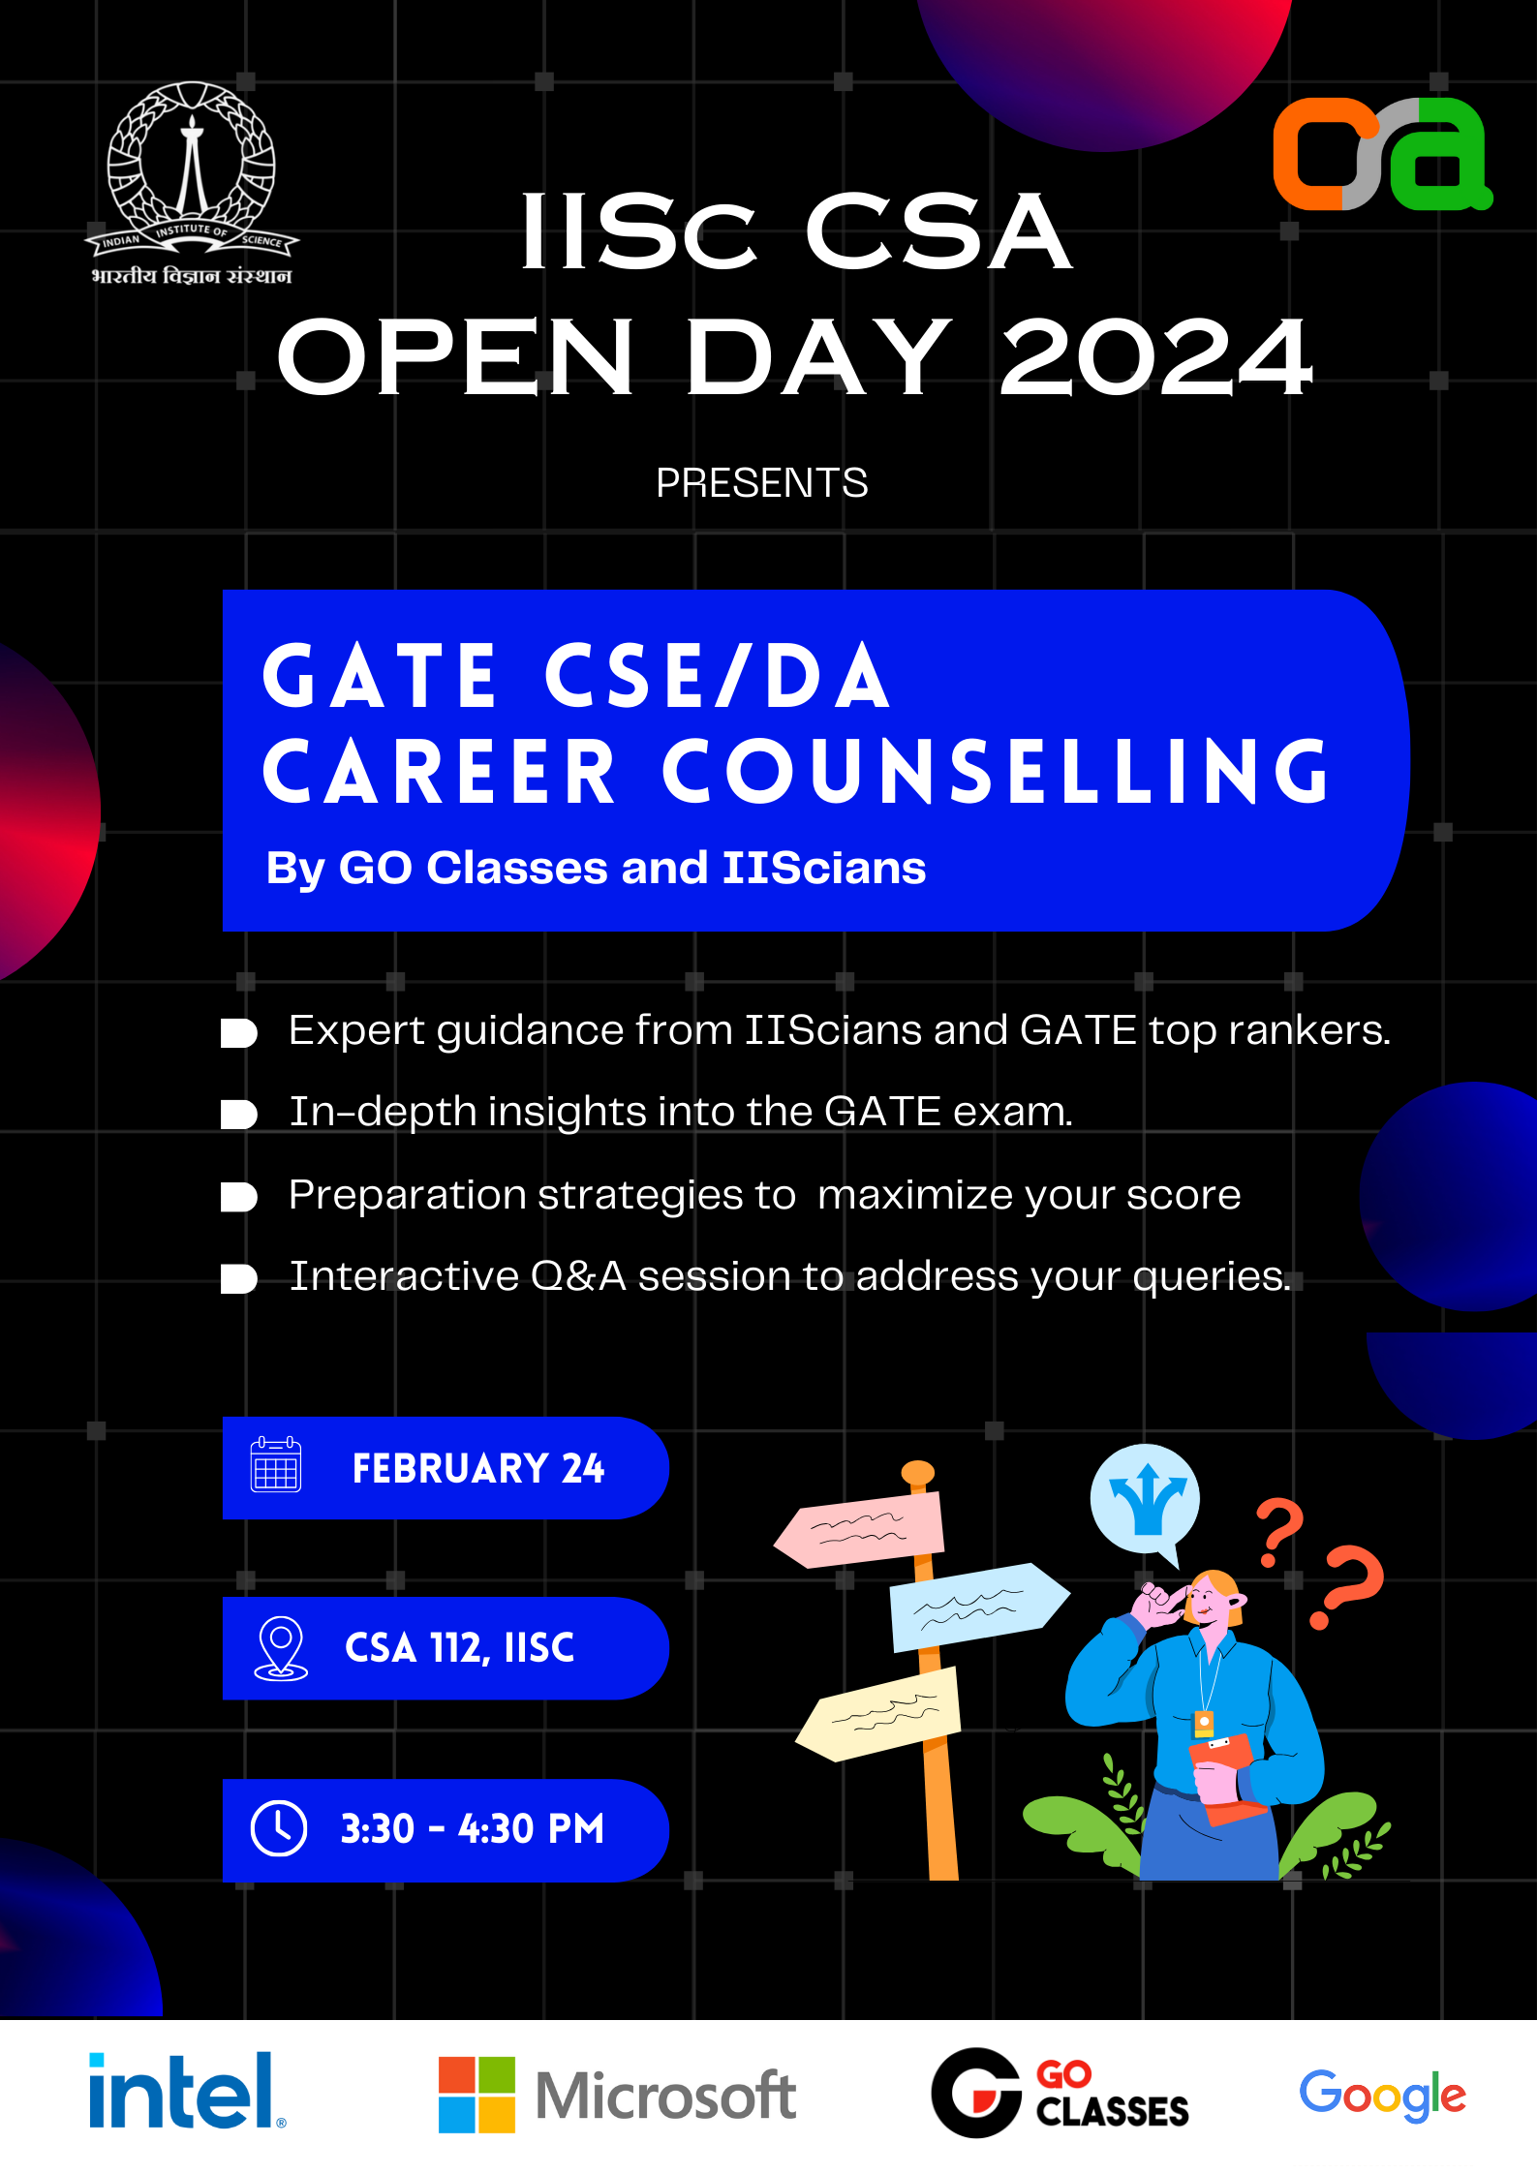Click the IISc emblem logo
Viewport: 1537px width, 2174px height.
(x=192, y=183)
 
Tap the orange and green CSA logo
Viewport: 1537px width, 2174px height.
(x=1382, y=154)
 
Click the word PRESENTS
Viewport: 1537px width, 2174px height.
(x=762, y=482)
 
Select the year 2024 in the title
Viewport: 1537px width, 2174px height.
(x=1156, y=358)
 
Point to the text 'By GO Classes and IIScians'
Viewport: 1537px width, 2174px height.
(x=596, y=869)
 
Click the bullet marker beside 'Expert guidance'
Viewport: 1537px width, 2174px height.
(x=238, y=1033)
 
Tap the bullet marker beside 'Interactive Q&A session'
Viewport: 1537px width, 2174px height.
(x=238, y=1279)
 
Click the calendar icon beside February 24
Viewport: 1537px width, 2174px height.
(x=276, y=1464)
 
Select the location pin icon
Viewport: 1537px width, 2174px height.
(x=281, y=1648)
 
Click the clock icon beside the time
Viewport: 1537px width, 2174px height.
(x=279, y=1828)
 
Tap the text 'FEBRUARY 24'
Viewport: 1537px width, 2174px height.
(x=478, y=1468)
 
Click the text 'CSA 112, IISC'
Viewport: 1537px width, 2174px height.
(x=460, y=1648)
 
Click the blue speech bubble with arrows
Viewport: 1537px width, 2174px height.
(x=1146, y=1502)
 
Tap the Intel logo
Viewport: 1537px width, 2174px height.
(x=187, y=2091)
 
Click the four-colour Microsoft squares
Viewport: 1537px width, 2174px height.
(x=476, y=2095)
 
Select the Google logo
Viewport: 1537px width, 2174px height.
(x=1382, y=2095)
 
